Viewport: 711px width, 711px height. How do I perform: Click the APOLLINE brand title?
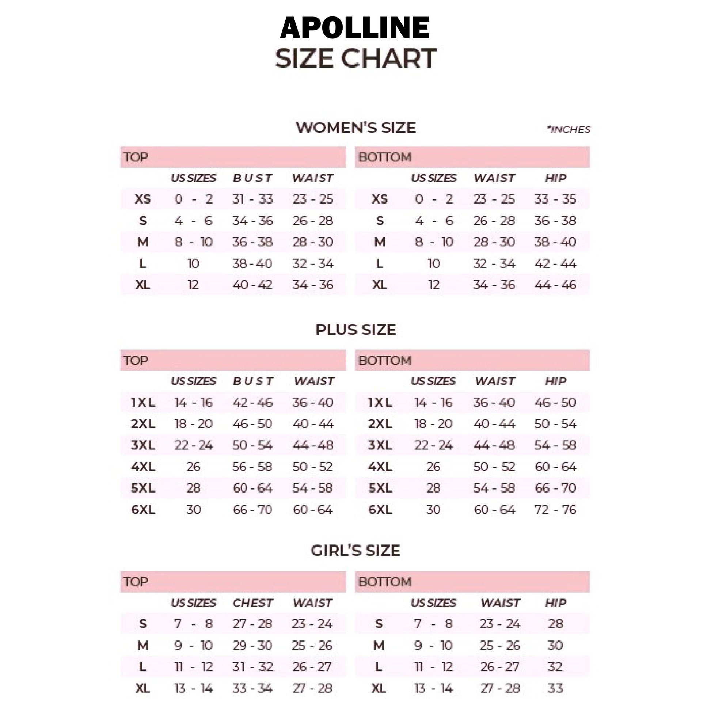tap(355, 28)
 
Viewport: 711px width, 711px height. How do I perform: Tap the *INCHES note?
tap(569, 130)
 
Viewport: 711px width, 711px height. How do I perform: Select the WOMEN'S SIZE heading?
tap(356, 128)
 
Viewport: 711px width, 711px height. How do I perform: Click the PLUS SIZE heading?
tap(355, 330)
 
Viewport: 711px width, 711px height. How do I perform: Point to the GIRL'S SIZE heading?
tap(355, 551)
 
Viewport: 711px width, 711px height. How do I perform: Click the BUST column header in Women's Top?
tap(252, 178)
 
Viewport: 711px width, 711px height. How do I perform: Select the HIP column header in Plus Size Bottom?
tap(555, 381)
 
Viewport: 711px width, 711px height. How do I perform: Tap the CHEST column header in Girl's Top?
tap(252, 603)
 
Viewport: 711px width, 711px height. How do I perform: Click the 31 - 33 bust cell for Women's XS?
tap(252, 199)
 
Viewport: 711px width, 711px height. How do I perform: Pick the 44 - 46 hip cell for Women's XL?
tap(555, 285)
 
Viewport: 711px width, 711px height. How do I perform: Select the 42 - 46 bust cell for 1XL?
tap(252, 402)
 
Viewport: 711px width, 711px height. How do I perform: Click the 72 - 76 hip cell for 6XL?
tap(555, 510)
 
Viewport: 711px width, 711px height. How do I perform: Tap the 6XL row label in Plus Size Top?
tap(143, 510)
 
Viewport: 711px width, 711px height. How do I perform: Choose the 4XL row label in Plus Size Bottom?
tap(380, 467)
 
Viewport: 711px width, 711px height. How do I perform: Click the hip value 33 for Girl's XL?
tap(555, 688)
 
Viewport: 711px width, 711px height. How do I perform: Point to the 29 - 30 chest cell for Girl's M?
tap(252, 645)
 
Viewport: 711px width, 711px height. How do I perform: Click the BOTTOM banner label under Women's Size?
tap(385, 157)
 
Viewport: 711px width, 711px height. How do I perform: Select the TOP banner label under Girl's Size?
tap(136, 582)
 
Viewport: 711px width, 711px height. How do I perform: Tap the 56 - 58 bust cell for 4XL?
tap(252, 467)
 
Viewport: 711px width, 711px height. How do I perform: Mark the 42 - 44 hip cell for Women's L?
tap(555, 263)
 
